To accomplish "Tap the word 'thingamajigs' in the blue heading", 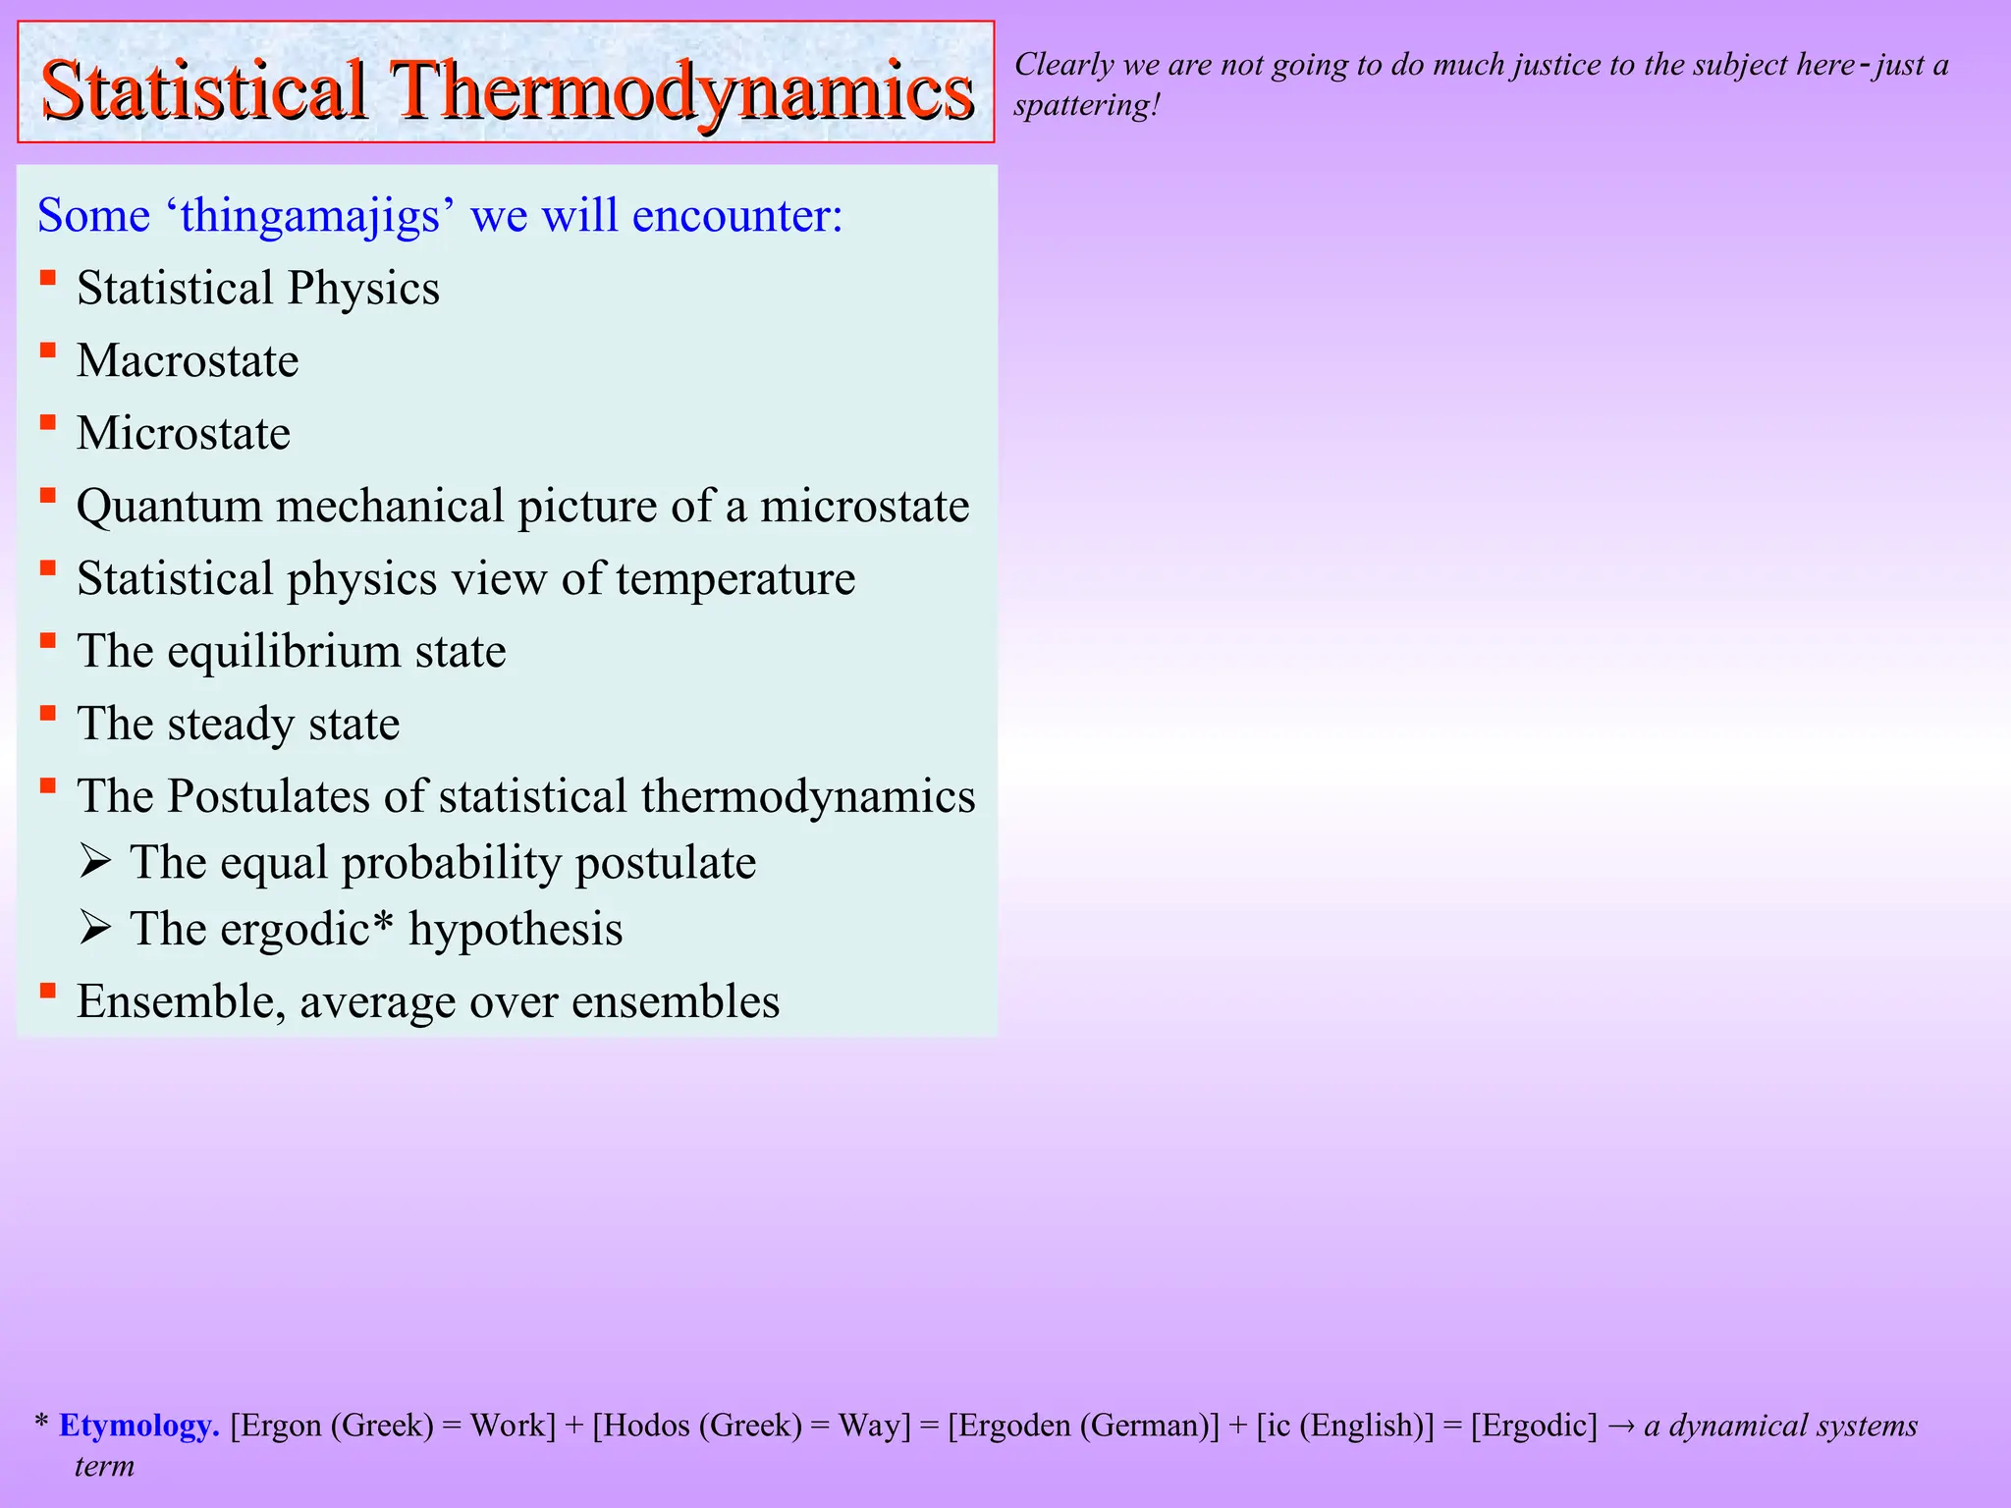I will tap(310, 215).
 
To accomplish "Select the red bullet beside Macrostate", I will tap(47, 350).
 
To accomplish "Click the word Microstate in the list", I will tap(184, 433).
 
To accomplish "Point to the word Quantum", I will tap(169, 507).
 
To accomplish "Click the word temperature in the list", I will tap(735, 578).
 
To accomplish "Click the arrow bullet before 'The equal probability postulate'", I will tap(95, 862).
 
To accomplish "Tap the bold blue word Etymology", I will tap(138, 1425).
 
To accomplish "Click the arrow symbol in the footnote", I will tap(1621, 1426).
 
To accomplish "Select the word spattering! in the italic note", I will tap(1086, 105).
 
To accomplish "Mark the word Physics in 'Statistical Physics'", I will tap(363, 288).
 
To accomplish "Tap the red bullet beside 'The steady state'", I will tap(47, 714).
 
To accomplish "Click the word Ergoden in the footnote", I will tap(1013, 1425).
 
